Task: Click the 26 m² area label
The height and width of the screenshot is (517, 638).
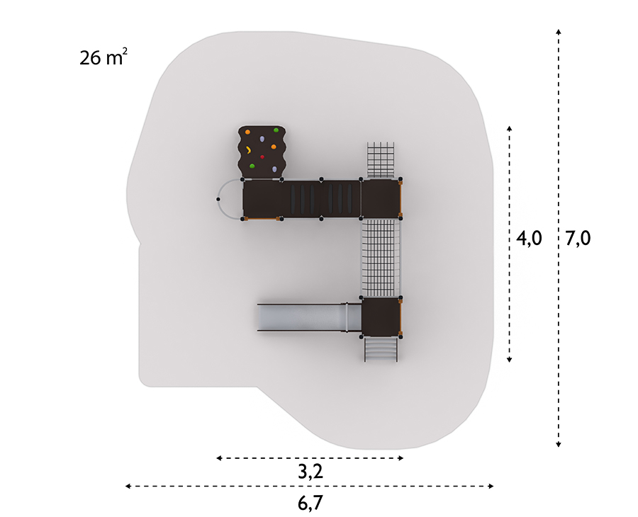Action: [103, 57]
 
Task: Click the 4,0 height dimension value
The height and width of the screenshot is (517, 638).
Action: [529, 238]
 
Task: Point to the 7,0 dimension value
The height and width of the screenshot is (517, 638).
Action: [578, 238]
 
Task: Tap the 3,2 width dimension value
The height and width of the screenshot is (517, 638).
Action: [310, 472]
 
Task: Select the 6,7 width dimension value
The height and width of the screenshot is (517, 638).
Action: [310, 503]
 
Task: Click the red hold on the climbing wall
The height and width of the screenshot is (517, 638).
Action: [262, 157]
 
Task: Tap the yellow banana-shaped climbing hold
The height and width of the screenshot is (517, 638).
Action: [248, 150]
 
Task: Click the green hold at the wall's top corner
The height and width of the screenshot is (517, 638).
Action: [276, 130]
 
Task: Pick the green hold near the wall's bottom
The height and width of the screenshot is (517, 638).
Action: [252, 166]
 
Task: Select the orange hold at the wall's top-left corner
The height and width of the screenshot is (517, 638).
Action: [247, 132]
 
